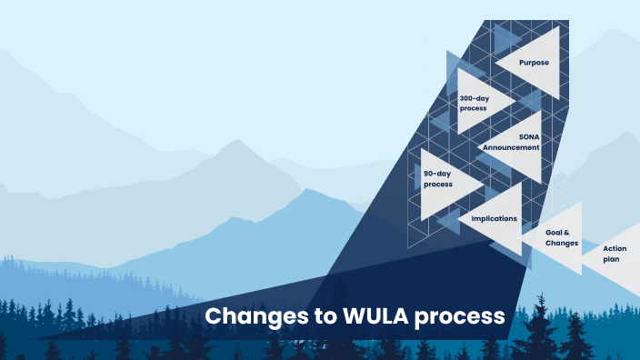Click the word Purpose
click(534, 63)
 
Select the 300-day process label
click(473, 103)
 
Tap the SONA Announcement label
click(512, 142)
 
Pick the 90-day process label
click(438, 178)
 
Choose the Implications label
click(494, 218)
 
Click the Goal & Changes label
click(563, 238)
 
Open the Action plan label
click(615, 254)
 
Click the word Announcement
click(512, 147)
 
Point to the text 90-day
click(438, 173)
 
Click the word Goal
click(556, 233)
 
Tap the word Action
click(615, 248)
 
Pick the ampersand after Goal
click(575, 233)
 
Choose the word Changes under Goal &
click(563, 244)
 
